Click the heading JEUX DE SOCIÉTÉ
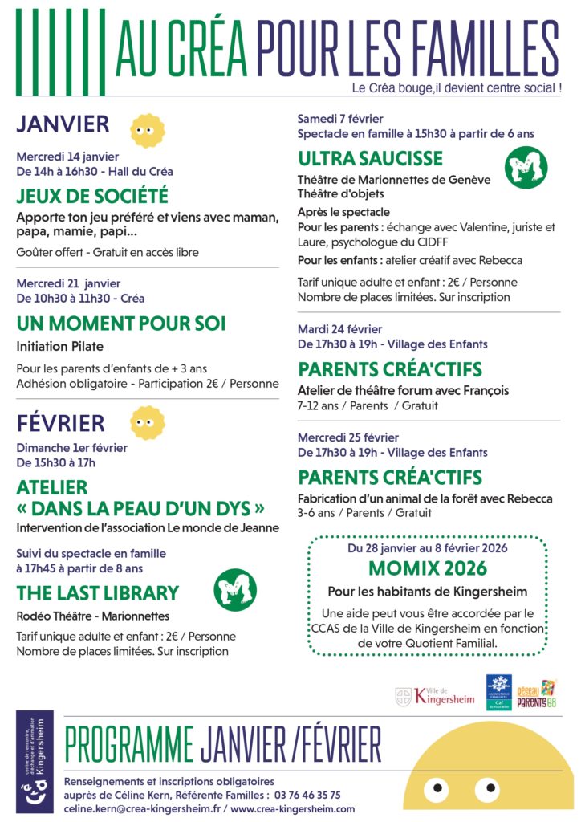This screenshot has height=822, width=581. coord(92,195)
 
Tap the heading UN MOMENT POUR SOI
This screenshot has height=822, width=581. coord(121,324)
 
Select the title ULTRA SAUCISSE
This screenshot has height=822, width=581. coord(370,157)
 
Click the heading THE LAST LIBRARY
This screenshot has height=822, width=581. coord(97,593)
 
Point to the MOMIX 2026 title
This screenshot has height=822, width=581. coord(428,569)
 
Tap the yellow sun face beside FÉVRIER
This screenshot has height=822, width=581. coord(146,422)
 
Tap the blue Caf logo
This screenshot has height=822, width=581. coord(498,691)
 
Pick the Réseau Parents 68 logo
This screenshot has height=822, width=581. coord(537,693)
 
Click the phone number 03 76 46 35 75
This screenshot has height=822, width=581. coord(307,795)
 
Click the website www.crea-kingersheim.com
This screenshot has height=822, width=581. coord(295,808)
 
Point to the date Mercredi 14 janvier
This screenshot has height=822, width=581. coord(67,157)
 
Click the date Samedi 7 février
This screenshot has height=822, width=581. coord(340,119)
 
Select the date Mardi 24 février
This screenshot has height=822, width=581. coord(339,329)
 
